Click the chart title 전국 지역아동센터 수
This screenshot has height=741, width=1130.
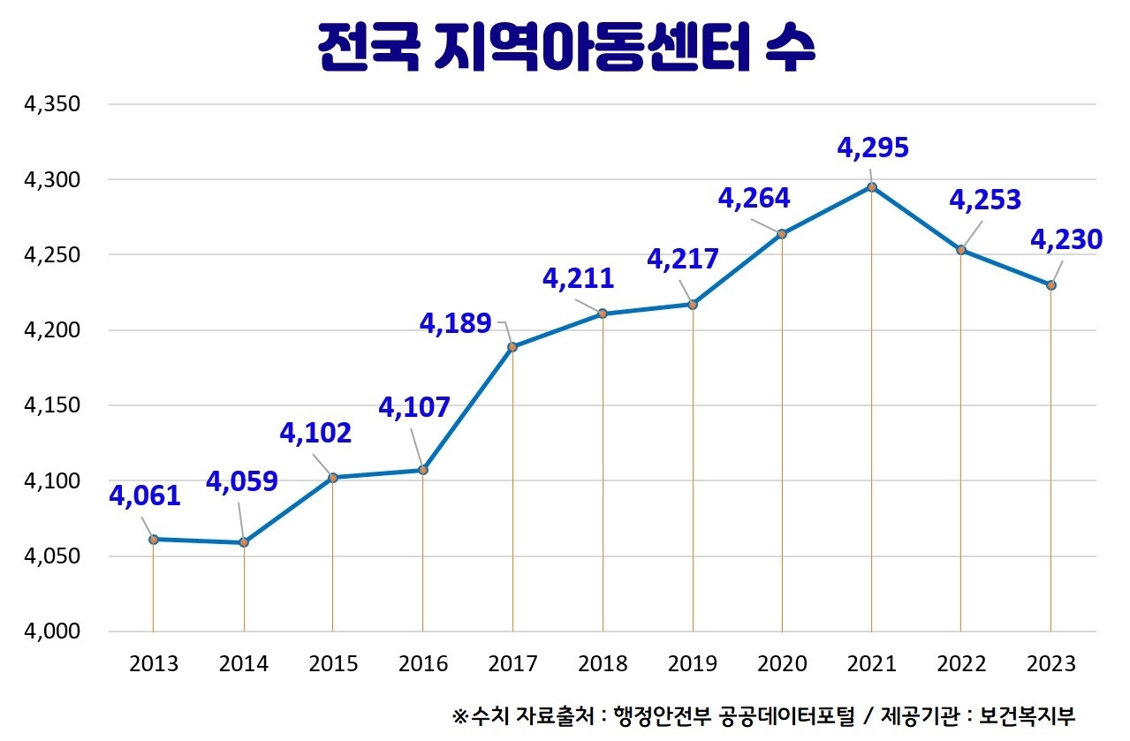pyautogui.click(x=565, y=49)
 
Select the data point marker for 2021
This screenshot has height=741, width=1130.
pyautogui.click(x=872, y=186)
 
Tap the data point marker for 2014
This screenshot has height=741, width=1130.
pyautogui.click(x=243, y=542)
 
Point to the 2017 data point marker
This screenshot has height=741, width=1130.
pyautogui.click(x=512, y=346)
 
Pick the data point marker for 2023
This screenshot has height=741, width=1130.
pyautogui.click(x=1051, y=285)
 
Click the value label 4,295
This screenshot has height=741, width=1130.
pyautogui.click(x=872, y=147)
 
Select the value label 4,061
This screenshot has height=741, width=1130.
pyautogui.click(x=145, y=495)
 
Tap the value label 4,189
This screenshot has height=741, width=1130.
pyautogui.click(x=455, y=324)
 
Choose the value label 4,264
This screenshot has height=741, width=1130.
pyautogui.click(x=754, y=198)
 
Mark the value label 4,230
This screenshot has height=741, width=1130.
pyautogui.click(x=1066, y=239)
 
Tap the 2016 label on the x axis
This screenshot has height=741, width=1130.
pyautogui.click(x=422, y=663)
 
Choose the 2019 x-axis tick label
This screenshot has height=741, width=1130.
pyautogui.click(x=692, y=663)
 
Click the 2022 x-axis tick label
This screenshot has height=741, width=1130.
pyautogui.click(x=961, y=663)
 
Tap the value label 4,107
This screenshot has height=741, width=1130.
pyautogui.click(x=413, y=407)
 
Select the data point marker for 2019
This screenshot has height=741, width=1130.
pyautogui.click(x=693, y=305)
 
